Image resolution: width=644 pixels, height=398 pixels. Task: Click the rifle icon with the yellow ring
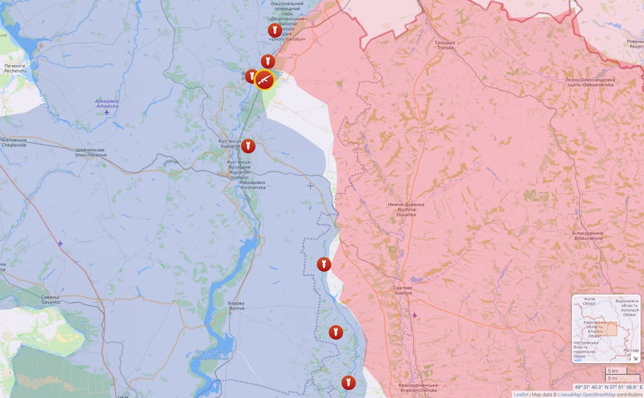tap(264, 80)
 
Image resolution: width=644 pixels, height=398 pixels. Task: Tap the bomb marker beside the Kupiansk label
tap(248, 146)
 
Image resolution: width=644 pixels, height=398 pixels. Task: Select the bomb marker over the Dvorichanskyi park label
tap(275, 30)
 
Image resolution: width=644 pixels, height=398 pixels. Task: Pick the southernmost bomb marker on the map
tap(349, 382)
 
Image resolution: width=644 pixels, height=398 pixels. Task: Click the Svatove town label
tap(403, 290)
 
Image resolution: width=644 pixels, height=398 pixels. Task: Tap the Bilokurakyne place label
tap(588, 235)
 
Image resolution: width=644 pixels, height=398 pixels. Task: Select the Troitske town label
tap(446, 45)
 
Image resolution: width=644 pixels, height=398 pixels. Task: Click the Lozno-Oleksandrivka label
tap(590, 82)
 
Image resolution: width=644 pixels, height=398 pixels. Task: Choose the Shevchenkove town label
tap(89, 152)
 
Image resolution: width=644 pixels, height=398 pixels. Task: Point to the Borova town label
tap(236, 306)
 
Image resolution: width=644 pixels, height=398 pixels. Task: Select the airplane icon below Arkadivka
tap(106, 112)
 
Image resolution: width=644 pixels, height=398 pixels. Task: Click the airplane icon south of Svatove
tap(415, 316)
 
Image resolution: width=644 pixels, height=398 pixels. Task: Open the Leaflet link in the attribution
tap(521, 394)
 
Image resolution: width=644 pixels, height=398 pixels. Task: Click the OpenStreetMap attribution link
tap(599, 394)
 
